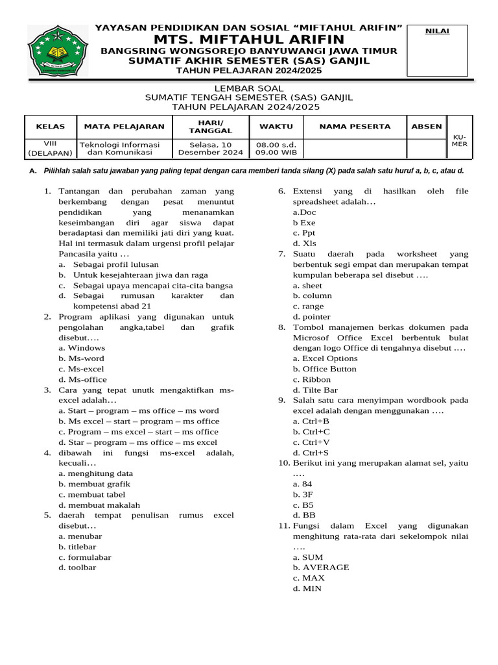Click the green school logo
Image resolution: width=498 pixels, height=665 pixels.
click(x=57, y=50)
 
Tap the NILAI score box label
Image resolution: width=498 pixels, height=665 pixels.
click(x=436, y=31)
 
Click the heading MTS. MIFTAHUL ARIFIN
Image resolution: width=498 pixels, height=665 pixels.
click(x=248, y=40)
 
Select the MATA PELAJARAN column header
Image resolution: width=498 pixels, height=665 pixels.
click(x=120, y=126)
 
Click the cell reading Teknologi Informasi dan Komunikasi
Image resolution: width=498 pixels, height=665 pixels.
click(x=119, y=149)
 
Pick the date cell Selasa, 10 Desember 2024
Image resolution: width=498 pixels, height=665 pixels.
click(x=210, y=149)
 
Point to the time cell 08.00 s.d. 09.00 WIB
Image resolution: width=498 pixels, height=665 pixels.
click(x=276, y=149)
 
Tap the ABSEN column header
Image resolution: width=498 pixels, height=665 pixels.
click(x=427, y=126)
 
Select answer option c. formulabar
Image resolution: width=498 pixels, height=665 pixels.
click(x=84, y=557)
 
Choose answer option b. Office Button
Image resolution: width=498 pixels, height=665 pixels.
click(x=324, y=368)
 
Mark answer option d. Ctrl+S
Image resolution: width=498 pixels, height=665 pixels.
click(x=311, y=452)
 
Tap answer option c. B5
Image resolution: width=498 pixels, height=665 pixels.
click(x=303, y=504)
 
